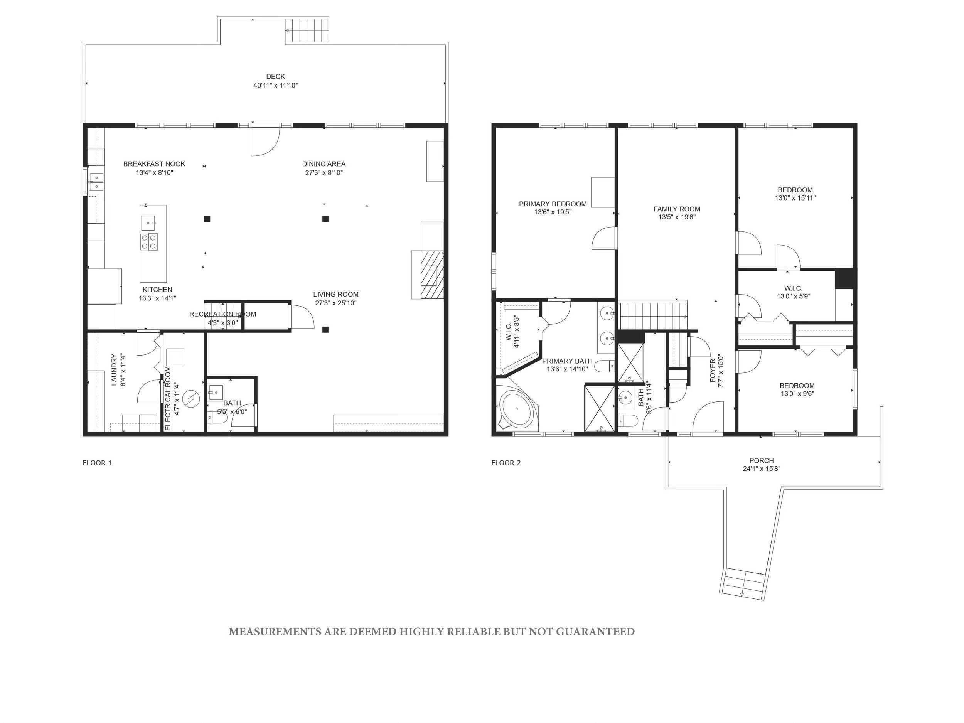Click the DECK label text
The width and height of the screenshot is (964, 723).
275,77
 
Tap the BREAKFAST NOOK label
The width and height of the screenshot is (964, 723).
154,164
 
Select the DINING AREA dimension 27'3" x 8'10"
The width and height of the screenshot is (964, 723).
324,173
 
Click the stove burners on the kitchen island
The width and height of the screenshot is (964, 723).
148,242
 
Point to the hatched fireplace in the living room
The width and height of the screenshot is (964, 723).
432,275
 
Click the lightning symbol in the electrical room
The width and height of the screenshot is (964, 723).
190,399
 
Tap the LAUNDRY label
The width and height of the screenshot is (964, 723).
114,369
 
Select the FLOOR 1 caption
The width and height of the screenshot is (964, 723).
97,463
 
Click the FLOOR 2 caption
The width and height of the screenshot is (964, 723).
506,463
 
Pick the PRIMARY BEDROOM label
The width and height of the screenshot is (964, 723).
553,204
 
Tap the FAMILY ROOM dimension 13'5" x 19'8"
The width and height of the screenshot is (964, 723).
677,217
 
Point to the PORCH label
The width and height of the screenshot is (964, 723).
761,461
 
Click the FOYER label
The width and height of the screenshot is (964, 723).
713,371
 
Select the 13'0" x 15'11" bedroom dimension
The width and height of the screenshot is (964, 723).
795,198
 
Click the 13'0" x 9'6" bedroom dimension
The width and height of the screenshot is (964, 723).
797,394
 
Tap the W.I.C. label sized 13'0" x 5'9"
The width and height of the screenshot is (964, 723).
793,288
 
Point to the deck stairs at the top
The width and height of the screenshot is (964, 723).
307,30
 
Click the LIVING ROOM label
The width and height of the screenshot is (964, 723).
335,295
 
